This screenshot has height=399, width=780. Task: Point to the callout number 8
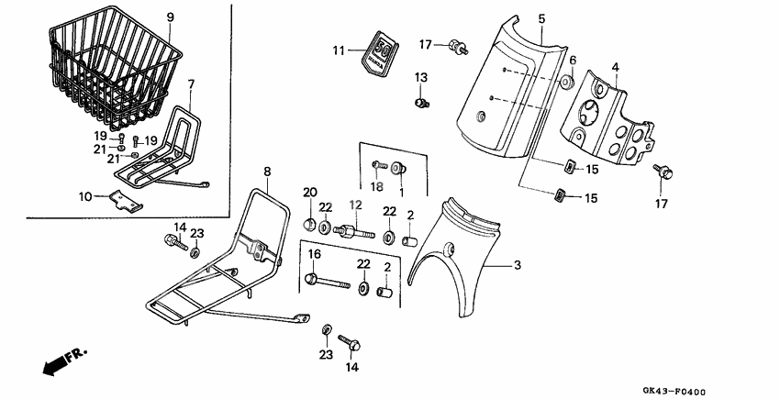click(267, 171)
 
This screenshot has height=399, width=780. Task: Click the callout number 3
click(517, 265)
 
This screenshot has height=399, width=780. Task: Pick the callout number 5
click(540, 18)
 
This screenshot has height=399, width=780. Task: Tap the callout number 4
click(615, 67)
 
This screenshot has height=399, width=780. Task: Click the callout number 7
click(191, 84)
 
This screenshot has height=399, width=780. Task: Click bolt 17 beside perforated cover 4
click(661, 171)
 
